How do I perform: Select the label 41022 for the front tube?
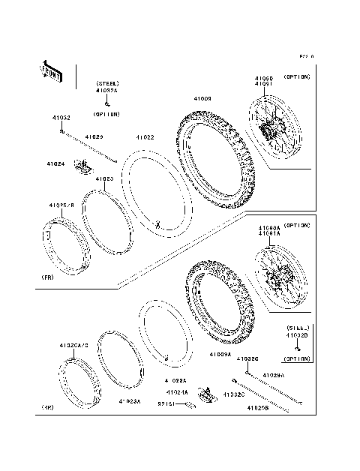(145, 137)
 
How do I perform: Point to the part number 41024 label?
(55, 163)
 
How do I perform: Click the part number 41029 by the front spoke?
(94, 137)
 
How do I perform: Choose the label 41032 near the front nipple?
(61, 118)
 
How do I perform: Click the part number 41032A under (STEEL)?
(106, 91)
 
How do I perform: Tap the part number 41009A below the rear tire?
(220, 353)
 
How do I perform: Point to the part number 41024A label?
(177, 391)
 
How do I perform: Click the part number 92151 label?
(166, 403)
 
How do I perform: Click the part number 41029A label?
(272, 374)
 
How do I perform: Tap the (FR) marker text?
(46, 277)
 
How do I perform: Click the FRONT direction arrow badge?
(52, 70)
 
